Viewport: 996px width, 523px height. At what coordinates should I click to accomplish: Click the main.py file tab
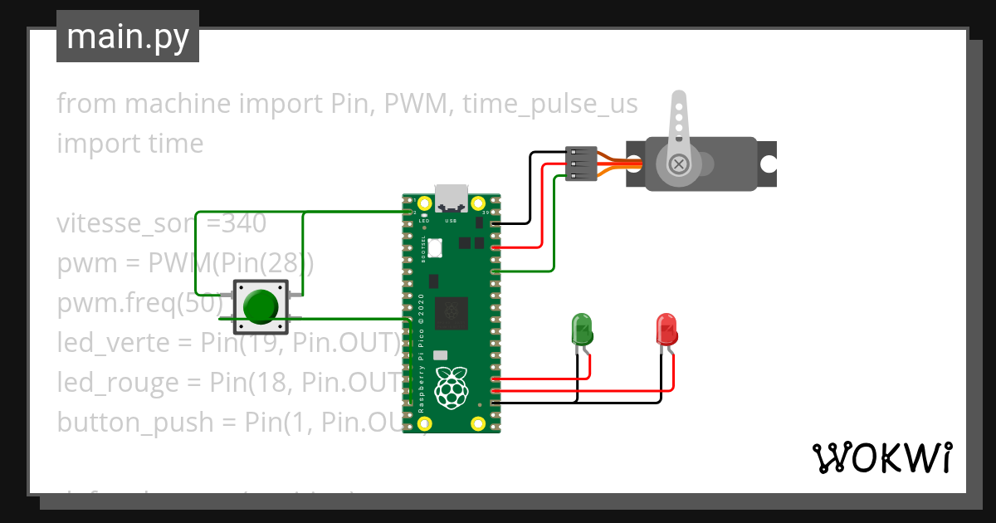[127, 37]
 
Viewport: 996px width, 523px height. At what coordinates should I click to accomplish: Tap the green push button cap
[261, 306]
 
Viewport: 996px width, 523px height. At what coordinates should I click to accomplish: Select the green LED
[582, 330]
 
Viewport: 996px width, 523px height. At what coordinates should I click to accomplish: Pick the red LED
[666, 330]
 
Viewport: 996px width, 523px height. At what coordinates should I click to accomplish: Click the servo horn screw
[680, 164]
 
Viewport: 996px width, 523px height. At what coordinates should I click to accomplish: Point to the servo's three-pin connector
[581, 164]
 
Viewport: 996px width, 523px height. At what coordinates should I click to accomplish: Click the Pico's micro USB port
[452, 198]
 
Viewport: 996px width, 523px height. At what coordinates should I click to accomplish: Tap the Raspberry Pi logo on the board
[451, 387]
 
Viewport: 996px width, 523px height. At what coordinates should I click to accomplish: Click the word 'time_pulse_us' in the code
[550, 104]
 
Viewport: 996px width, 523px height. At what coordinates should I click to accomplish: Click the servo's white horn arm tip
[678, 102]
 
